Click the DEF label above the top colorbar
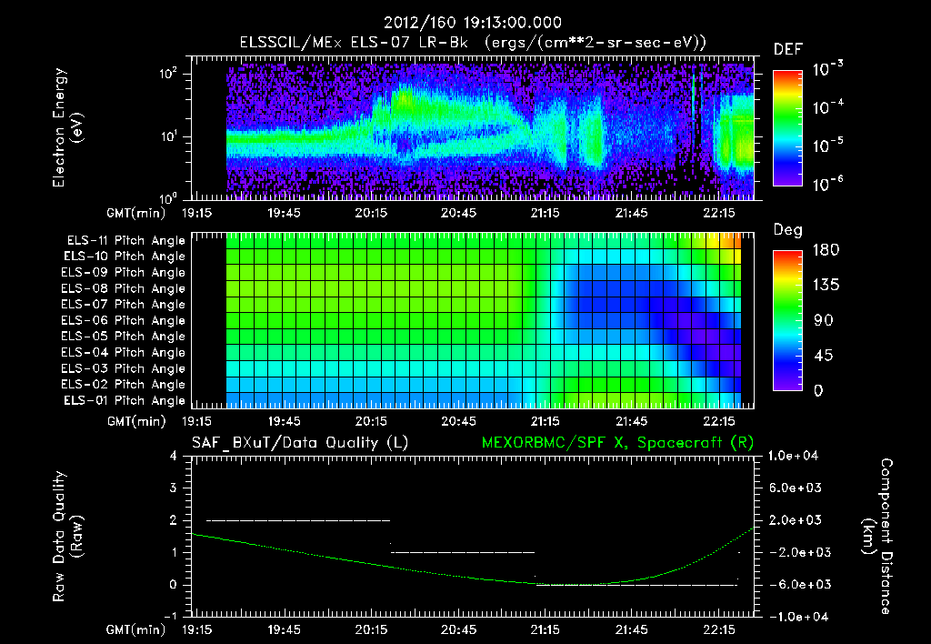[787, 49]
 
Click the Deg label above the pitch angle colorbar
[787, 230]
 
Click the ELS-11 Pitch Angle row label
[125, 241]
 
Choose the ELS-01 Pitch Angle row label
[125, 400]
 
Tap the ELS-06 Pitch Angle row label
[125, 320]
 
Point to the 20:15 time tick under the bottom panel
[372, 629]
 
